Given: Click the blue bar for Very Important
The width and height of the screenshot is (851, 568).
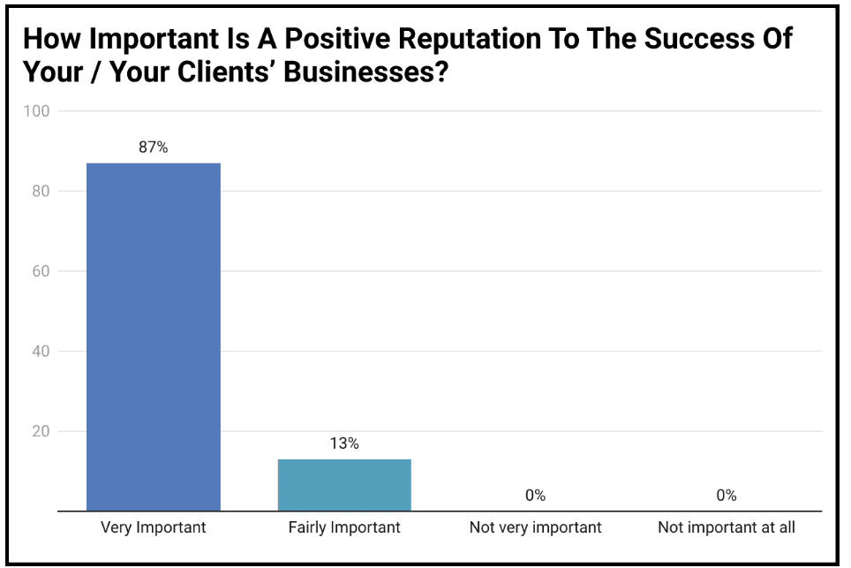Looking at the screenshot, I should pyautogui.click(x=153, y=336).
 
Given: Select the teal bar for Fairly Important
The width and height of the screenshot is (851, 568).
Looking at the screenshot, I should pyautogui.click(x=344, y=484).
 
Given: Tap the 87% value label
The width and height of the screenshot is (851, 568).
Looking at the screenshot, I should pyautogui.click(x=153, y=148).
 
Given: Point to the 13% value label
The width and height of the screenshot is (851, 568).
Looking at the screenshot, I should pyautogui.click(x=344, y=443).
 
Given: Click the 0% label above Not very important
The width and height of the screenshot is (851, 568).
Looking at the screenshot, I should pyautogui.click(x=535, y=496).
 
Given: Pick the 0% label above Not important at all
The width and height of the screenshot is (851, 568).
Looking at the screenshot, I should pyautogui.click(x=727, y=496).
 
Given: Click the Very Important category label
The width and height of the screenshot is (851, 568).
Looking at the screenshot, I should pyautogui.click(x=153, y=528).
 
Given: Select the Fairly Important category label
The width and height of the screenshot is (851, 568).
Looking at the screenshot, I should pyautogui.click(x=344, y=528).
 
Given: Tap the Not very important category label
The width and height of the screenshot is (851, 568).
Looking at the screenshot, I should pyautogui.click(x=535, y=528).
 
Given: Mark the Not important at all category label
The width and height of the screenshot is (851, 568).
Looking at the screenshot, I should pyautogui.click(x=727, y=528).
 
